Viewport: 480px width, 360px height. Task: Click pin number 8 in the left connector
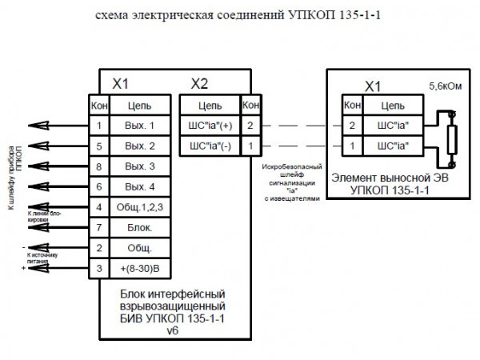click(98, 166)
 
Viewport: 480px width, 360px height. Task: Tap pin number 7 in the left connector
click(98, 228)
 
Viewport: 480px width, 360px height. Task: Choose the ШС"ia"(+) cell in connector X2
click(210, 126)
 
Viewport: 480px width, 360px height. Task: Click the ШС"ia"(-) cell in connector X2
click(210, 146)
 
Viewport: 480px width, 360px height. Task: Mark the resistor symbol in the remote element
click(450, 135)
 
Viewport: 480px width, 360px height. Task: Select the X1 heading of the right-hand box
click(373, 86)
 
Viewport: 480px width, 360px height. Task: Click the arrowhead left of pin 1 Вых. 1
click(30, 126)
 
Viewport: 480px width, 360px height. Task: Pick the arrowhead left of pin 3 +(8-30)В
click(30, 268)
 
